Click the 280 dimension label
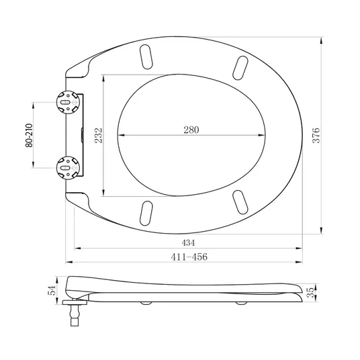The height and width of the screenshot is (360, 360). [x=191, y=130]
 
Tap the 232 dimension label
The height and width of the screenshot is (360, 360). [x=99, y=136]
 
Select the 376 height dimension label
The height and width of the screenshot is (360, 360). [x=316, y=136]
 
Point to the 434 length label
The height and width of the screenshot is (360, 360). [x=188, y=242]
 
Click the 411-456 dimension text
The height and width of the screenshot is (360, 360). [x=189, y=257]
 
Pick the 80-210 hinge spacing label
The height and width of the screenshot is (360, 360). [x=29, y=136]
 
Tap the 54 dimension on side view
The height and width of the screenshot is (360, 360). [x=52, y=290]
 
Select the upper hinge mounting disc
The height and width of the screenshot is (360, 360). [x=69, y=102]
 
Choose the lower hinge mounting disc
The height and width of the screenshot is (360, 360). [x=69, y=168]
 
